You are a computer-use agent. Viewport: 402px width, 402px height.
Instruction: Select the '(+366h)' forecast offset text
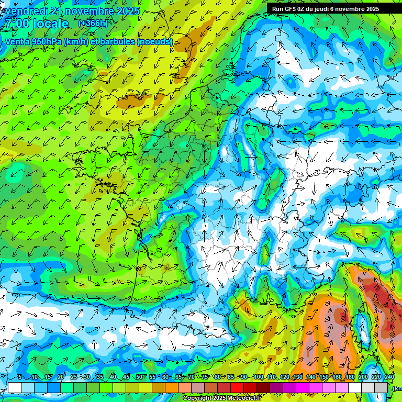click(x=93, y=24)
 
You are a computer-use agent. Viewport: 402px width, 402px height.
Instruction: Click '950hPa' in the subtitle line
click(x=46, y=41)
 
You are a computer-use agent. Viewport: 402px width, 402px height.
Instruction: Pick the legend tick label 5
click(x=20, y=377)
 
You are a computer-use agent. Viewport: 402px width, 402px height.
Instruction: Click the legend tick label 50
click(x=139, y=377)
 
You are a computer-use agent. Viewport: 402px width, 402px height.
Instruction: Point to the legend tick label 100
click(x=258, y=377)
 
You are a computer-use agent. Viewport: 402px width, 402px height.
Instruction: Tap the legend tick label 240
click(x=389, y=377)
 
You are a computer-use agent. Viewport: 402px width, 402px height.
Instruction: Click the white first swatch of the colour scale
click(x=15, y=387)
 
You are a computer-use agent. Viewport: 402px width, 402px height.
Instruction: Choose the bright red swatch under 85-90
click(x=238, y=387)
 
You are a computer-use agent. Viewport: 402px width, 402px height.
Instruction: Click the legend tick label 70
click(x=192, y=377)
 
